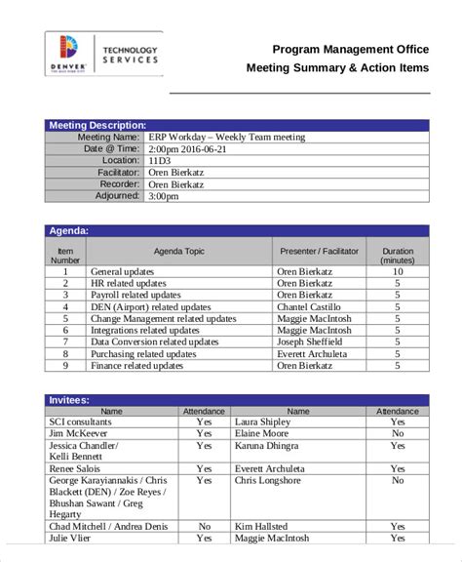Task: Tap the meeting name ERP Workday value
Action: click(226, 138)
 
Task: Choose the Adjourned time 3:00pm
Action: click(164, 196)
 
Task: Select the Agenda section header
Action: click(69, 231)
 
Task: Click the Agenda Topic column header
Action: click(179, 251)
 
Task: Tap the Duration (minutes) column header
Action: click(398, 256)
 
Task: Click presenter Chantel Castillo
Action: click(310, 306)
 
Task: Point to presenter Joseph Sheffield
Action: click(311, 342)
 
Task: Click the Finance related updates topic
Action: click(136, 366)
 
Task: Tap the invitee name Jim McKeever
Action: click(79, 433)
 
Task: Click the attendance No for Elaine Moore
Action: click(398, 433)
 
